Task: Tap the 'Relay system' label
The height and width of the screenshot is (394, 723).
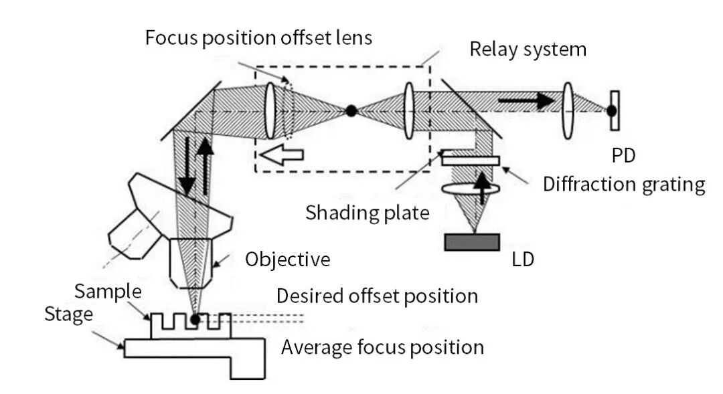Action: pos(528,49)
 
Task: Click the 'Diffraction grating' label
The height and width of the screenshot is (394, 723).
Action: pos(624,184)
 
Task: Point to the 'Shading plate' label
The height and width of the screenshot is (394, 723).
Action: pos(367,213)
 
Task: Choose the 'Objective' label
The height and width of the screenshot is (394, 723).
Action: pos(287,259)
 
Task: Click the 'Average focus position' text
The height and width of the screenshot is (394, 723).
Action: pos(382,347)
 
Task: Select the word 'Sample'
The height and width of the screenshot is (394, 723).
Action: pos(108,292)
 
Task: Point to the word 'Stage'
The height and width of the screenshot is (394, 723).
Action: pos(68,314)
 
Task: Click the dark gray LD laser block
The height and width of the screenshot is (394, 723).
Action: pos(472,241)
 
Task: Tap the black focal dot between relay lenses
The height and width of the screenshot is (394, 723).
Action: pos(351,111)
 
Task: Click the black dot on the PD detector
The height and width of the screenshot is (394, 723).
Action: pos(612,110)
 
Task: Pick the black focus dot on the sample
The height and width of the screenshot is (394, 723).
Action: pos(195,319)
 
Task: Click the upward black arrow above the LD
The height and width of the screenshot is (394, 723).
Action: pos(480,185)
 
